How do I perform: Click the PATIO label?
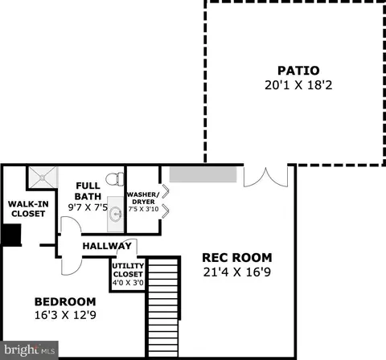[x=298, y=71]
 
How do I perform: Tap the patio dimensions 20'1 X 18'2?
[x=298, y=85]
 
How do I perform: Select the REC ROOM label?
[x=237, y=258]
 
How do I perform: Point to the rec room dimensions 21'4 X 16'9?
[x=237, y=272]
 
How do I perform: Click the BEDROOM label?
[x=65, y=302]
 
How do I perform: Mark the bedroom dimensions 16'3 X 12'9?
[x=65, y=315]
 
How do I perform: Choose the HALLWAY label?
[x=107, y=246]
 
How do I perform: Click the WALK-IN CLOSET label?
[x=28, y=209]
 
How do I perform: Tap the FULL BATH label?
[x=88, y=191]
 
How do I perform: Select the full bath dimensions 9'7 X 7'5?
[x=88, y=207]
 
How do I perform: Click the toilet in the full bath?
[x=115, y=179]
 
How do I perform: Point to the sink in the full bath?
[x=116, y=214]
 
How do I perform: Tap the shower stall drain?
[x=42, y=178]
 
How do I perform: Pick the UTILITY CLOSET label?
[x=128, y=270]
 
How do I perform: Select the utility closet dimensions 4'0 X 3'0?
[x=128, y=282]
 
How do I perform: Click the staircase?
[x=163, y=307]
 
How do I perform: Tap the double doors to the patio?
[x=265, y=177]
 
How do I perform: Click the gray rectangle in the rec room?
[x=203, y=174]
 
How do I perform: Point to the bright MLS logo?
[x=29, y=350]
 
